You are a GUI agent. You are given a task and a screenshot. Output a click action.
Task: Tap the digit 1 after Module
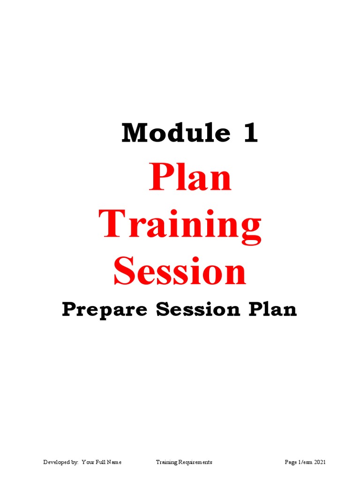249,134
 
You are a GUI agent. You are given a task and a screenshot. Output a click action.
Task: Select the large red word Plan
190,179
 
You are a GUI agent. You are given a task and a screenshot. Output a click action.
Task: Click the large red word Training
180,225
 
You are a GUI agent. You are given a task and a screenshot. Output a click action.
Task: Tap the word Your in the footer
88,462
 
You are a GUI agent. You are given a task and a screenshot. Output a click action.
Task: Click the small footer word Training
166,462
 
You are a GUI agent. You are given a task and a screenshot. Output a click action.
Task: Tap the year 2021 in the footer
320,462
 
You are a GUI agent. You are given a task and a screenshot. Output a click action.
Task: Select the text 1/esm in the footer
305,462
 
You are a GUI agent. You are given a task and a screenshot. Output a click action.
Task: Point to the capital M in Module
133,134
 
